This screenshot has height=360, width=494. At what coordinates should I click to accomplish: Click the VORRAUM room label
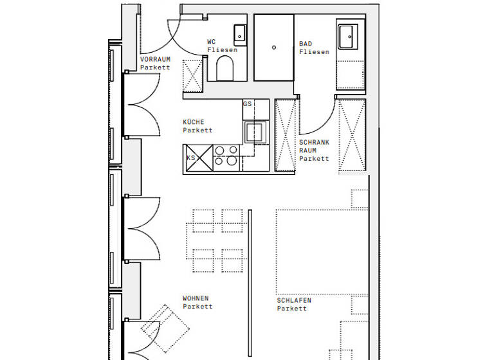155,62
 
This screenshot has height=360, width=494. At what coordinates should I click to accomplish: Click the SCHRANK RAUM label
314,150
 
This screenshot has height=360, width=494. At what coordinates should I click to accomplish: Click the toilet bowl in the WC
224,68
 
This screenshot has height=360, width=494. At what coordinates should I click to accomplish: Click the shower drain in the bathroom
274,47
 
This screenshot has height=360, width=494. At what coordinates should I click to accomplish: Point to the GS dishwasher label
247,104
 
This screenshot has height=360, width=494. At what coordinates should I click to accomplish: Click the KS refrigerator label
190,157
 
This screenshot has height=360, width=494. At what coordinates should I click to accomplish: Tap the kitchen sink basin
255,132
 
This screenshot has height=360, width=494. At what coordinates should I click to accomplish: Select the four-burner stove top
226,156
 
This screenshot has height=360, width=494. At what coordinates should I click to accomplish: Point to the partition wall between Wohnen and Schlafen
250,283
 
